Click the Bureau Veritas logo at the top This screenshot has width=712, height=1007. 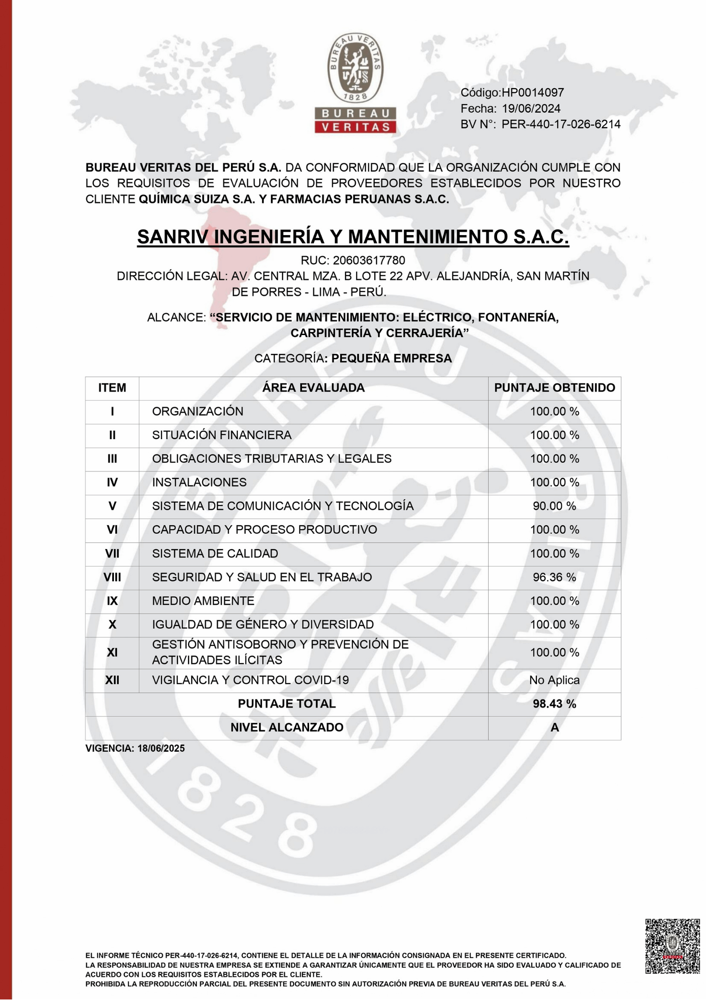point(355,83)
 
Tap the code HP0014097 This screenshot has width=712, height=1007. point(533,93)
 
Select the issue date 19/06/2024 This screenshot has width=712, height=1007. point(531,109)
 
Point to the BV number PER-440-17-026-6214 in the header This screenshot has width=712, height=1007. point(561,124)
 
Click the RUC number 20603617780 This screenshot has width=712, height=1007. point(369,261)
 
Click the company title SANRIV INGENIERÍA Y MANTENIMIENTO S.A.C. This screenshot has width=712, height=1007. point(353,237)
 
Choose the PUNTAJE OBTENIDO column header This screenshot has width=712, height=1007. point(555,388)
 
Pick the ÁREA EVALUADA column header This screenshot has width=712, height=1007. point(313,388)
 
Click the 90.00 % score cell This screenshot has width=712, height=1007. point(555,506)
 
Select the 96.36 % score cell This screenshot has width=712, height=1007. point(555,577)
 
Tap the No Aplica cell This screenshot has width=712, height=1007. point(555,680)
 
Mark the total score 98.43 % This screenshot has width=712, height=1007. point(555,704)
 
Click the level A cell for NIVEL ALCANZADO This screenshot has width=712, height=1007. point(555,728)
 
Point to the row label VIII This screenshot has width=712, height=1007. point(112,577)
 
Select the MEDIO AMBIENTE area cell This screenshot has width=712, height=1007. point(203,601)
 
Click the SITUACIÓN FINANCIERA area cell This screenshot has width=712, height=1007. point(222,435)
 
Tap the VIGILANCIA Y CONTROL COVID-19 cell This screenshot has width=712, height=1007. point(250,680)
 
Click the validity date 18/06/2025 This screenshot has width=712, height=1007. point(161,749)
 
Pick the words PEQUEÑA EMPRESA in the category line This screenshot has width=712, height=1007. point(391,358)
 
